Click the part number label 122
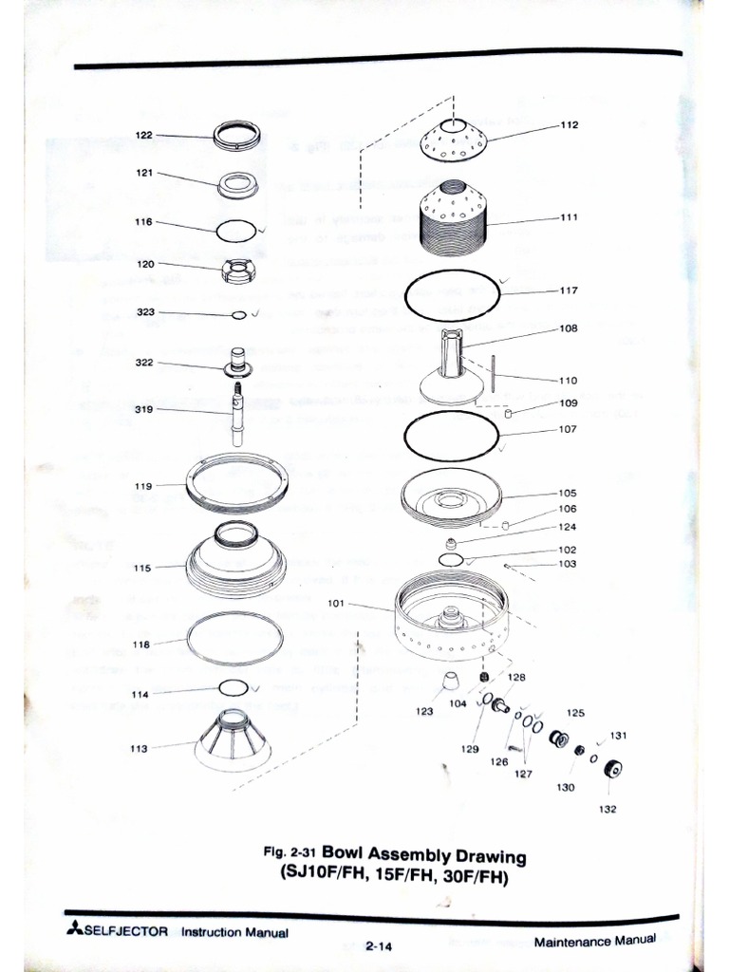click(x=143, y=135)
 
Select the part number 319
click(x=143, y=409)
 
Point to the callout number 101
click(x=336, y=603)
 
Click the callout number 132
click(x=607, y=810)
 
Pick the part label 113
click(x=140, y=748)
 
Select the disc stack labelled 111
click(x=453, y=219)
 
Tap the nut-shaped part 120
click(x=237, y=271)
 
